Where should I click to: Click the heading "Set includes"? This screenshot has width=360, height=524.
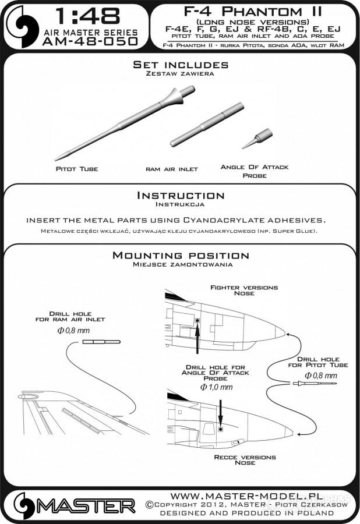[x=180, y=65]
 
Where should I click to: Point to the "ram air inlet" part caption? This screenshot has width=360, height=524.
[x=172, y=169]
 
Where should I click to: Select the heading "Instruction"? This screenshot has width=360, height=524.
[x=180, y=196]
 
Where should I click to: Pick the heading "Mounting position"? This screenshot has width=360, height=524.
[x=180, y=256]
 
